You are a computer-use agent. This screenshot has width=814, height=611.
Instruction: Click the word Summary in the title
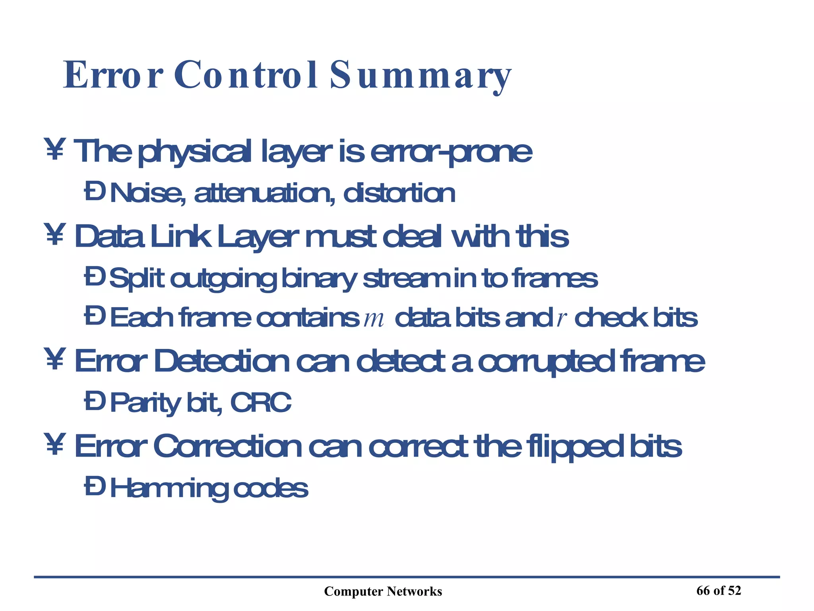click(x=420, y=76)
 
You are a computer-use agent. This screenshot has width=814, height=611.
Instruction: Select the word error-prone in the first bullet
click(x=451, y=152)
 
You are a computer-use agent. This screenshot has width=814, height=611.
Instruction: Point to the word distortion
click(x=399, y=194)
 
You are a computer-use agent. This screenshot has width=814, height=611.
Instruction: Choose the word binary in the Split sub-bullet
click(x=319, y=279)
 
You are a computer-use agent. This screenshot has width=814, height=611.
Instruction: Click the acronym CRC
click(x=261, y=403)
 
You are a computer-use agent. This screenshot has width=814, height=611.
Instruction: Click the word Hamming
click(x=169, y=489)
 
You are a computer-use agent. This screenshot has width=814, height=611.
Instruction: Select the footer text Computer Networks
click(x=383, y=592)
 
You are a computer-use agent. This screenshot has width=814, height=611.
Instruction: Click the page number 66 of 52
click(x=719, y=591)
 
